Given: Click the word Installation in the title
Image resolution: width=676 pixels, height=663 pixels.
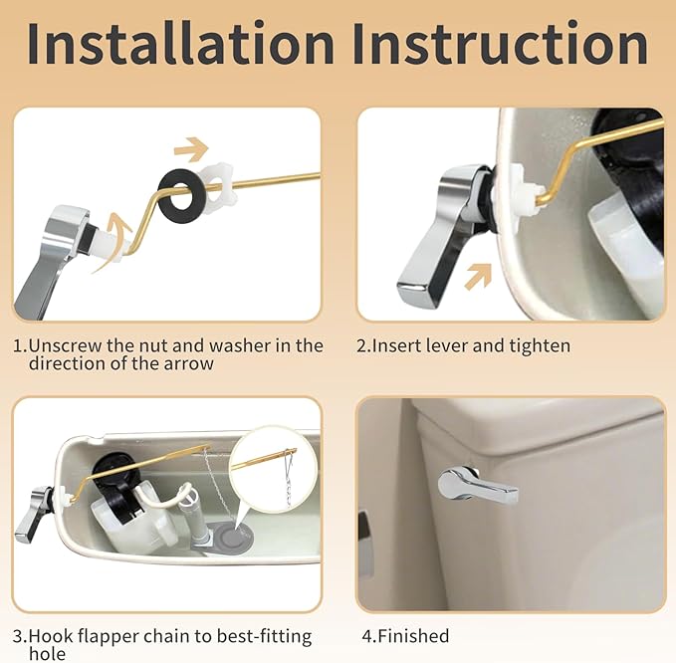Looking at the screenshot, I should (x=180, y=45).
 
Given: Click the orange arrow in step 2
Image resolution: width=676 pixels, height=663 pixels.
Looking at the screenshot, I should (x=479, y=275).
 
